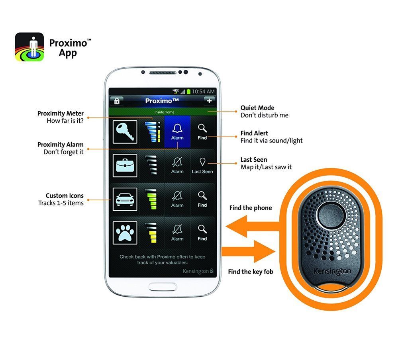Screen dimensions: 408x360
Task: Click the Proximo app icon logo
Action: pos(29,47)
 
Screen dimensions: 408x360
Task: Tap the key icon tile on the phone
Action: pos(125,132)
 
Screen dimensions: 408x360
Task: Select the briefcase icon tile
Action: pos(125,165)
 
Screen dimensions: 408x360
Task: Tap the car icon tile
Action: pos(125,199)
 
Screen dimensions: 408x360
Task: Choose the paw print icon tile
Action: pos(125,233)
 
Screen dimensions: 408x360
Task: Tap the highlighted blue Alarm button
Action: pos(177,132)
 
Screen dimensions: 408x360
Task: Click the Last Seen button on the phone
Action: pos(202,165)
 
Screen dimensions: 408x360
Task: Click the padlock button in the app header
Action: pos(117,101)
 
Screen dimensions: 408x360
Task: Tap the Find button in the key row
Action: pos(202,132)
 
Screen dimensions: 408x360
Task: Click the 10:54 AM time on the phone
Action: pos(203,91)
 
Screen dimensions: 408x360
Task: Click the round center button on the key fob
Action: pos(330,215)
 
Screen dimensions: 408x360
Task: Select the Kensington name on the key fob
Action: pos(332,271)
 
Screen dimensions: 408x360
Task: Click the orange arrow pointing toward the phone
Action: pos(252,227)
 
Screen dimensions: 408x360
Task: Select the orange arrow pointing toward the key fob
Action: pos(248,251)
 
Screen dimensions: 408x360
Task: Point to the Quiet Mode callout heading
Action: pos(257,108)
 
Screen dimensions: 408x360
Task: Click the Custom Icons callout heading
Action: pos(65,196)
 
